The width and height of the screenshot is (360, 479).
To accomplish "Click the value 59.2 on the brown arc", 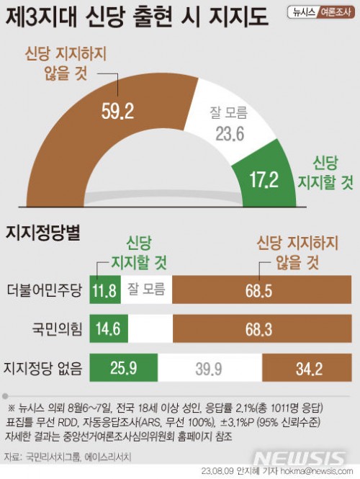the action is (x=117, y=111).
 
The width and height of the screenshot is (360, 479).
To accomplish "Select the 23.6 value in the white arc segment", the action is (x=230, y=134).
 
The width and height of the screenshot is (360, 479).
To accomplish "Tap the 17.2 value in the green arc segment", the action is (x=264, y=179).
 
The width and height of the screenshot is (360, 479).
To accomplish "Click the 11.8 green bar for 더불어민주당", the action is (x=105, y=290).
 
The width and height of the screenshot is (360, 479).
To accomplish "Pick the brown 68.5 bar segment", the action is (x=261, y=290).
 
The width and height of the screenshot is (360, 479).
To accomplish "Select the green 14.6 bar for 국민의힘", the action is (x=109, y=328).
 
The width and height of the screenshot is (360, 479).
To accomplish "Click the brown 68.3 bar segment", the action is (x=262, y=328).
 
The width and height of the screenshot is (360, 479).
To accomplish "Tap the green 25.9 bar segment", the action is (x=124, y=367).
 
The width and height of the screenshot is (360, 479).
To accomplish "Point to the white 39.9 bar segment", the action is (x=210, y=367).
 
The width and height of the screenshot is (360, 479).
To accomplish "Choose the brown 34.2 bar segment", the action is (x=307, y=367).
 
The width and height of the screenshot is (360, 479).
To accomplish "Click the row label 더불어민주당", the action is (x=44, y=290).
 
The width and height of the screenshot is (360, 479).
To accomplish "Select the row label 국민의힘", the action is (x=57, y=329).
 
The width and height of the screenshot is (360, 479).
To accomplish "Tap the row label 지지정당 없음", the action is (x=42, y=368).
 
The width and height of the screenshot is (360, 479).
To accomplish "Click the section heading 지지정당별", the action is (x=42, y=233).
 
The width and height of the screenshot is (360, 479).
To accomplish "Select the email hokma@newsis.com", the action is (x=317, y=471).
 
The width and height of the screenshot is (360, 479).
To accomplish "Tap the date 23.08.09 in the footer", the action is (x=217, y=471).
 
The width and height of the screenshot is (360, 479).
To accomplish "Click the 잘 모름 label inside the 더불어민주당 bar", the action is (x=146, y=289).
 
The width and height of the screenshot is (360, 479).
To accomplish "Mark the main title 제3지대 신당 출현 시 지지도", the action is (x=137, y=17).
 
